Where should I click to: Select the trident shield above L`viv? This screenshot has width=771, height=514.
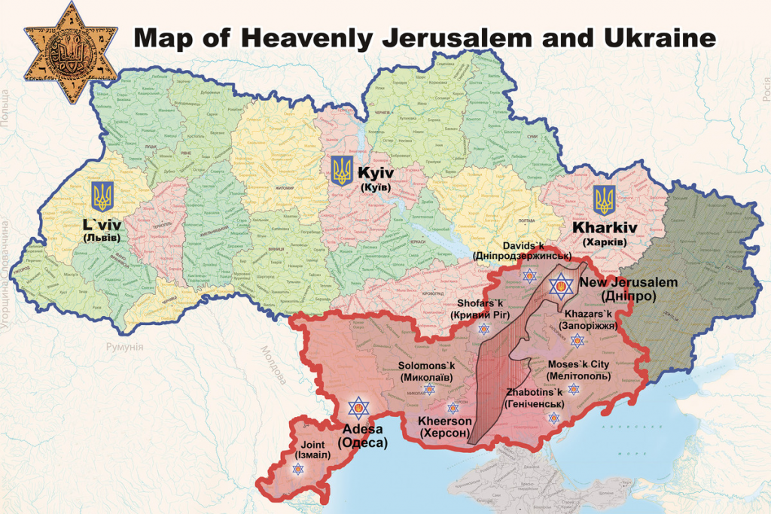click(x=102, y=196)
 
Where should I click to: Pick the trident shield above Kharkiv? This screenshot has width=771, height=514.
click(x=603, y=200)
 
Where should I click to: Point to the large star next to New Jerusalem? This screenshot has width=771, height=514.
click(x=559, y=285)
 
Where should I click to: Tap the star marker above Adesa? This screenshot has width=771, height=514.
click(x=359, y=409)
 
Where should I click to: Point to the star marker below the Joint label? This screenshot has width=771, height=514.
click(x=298, y=470)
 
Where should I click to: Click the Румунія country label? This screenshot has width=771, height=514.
click(x=123, y=346)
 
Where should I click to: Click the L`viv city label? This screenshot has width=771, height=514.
click(x=102, y=230)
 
